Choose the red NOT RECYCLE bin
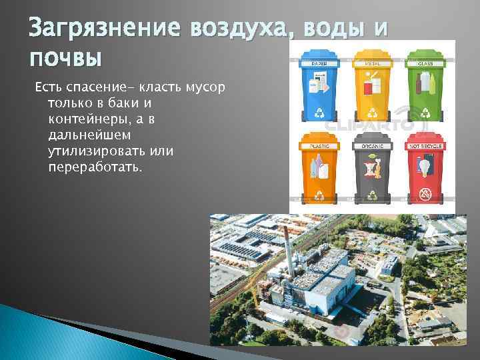(x=425, y=170)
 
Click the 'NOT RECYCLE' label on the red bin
(x=425, y=145)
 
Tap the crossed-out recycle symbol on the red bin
(x=425, y=194)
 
